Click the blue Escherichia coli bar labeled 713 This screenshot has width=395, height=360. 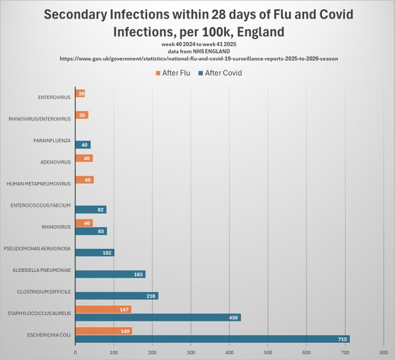click(x=213, y=339)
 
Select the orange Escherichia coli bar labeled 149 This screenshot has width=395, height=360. click(x=103, y=331)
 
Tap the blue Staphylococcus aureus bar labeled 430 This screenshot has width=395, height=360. click(x=158, y=318)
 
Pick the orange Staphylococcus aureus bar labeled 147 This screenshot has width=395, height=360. click(x=103, y=309)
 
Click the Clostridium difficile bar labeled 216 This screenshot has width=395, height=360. click(x=117, y=296)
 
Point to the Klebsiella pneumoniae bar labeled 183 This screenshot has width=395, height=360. click(x=110, y=274)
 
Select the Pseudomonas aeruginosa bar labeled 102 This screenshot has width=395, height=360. click(x=95, y=252)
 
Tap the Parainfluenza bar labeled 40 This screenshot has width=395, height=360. click(x=83, y=145)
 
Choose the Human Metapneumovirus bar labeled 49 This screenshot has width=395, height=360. click(x=84, y=180)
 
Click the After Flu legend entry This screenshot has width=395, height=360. click(x=173, y=73)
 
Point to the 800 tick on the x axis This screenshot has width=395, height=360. click(x=383, y=352)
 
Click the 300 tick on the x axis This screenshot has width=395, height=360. click(x=191, y=352)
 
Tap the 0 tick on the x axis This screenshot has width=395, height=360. click(x=76, y=352)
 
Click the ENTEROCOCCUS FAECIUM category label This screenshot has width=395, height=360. click(x=41, y=205)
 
